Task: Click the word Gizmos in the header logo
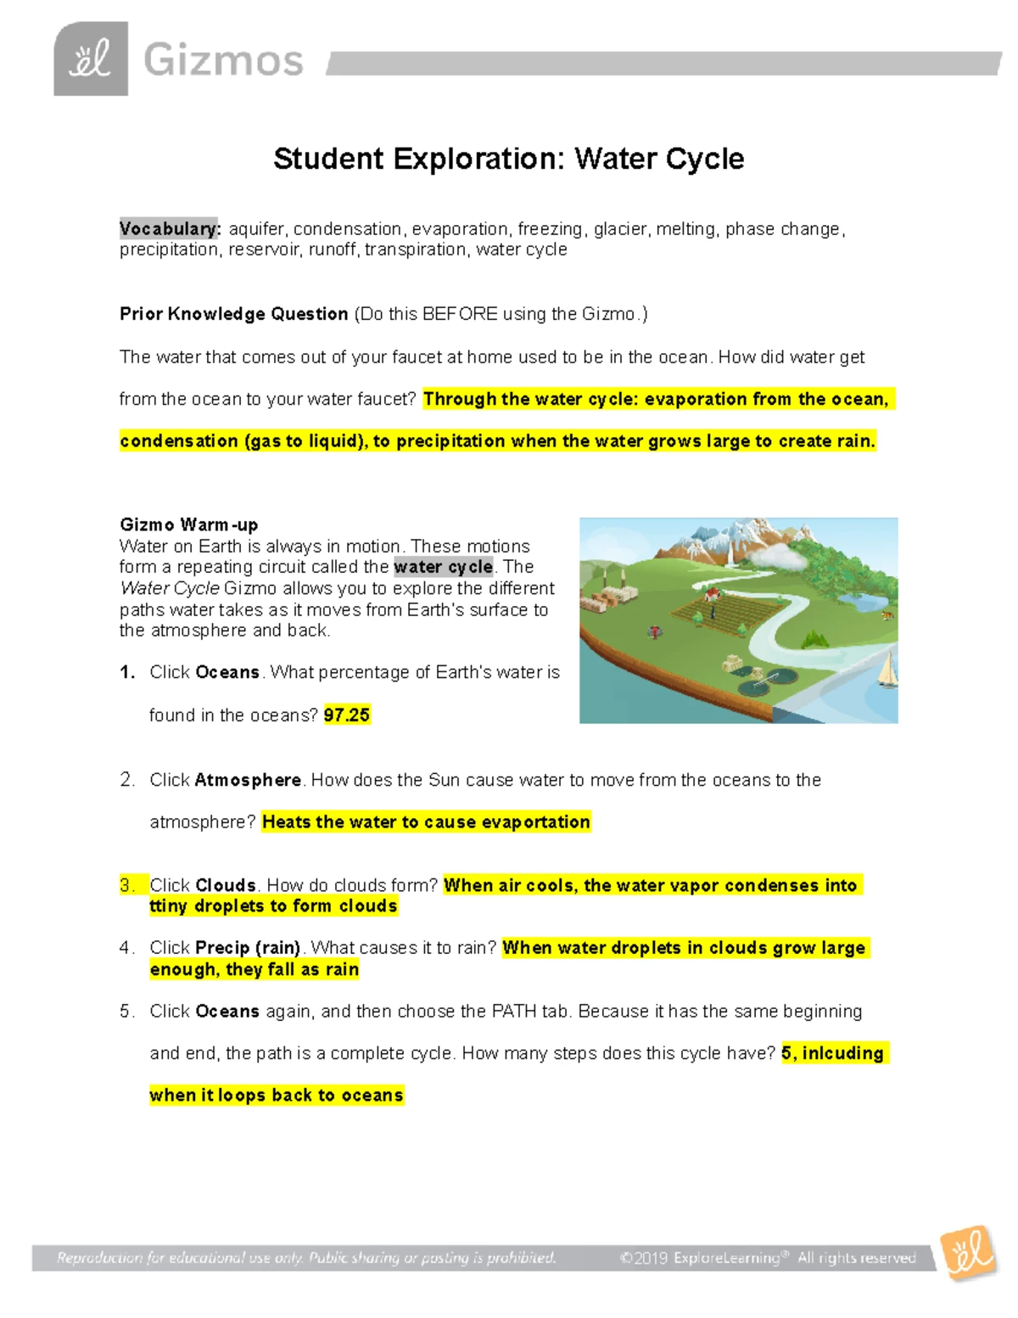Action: [x=223, y=61]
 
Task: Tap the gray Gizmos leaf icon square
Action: [x=91, y=59]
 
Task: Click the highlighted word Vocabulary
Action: [x=169, y=229]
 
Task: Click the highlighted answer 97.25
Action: [x=346, y=715]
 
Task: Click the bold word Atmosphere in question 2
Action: [x=248, y=780]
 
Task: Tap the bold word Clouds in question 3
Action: [x=226, y=885]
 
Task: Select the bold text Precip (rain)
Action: [x=248, y=948]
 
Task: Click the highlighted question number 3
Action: [x=127, y=885]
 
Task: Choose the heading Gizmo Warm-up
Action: [x=188, y=524]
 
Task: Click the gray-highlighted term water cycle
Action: [x=443, y=567]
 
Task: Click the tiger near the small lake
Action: [x=887, y=614]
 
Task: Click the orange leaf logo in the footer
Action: [x=969, y=1252]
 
